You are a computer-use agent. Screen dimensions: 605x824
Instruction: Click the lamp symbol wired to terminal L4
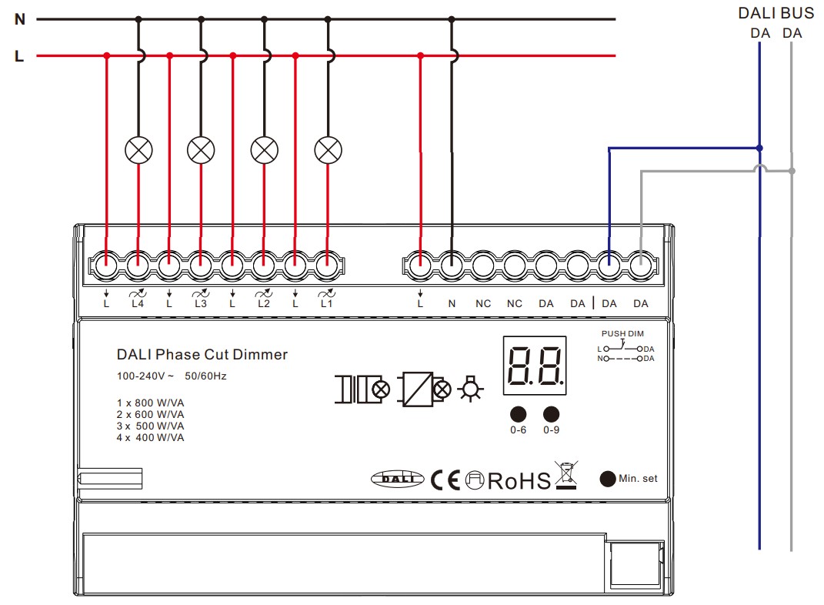138,149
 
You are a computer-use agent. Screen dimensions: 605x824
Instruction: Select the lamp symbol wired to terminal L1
328,149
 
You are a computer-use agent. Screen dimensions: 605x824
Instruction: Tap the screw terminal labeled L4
138,267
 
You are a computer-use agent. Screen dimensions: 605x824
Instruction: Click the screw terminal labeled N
452,267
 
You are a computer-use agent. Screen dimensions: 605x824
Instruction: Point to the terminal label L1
326,304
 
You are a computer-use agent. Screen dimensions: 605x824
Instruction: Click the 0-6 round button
519,413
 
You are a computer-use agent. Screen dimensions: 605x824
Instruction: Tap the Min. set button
608,478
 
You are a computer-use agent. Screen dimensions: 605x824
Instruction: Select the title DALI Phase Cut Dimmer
202,355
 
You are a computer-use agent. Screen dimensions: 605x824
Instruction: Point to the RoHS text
519,481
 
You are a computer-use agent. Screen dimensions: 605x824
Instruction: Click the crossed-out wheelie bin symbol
566,475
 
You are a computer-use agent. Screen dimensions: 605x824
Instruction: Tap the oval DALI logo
398,479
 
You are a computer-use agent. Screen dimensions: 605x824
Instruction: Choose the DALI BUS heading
776,13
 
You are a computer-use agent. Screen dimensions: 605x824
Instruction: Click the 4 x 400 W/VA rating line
151,438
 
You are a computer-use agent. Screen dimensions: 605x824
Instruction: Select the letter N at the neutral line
20,19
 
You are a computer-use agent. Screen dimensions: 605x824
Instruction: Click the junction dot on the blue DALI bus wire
759,148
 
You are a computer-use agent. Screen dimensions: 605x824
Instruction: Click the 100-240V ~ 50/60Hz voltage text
172,376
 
